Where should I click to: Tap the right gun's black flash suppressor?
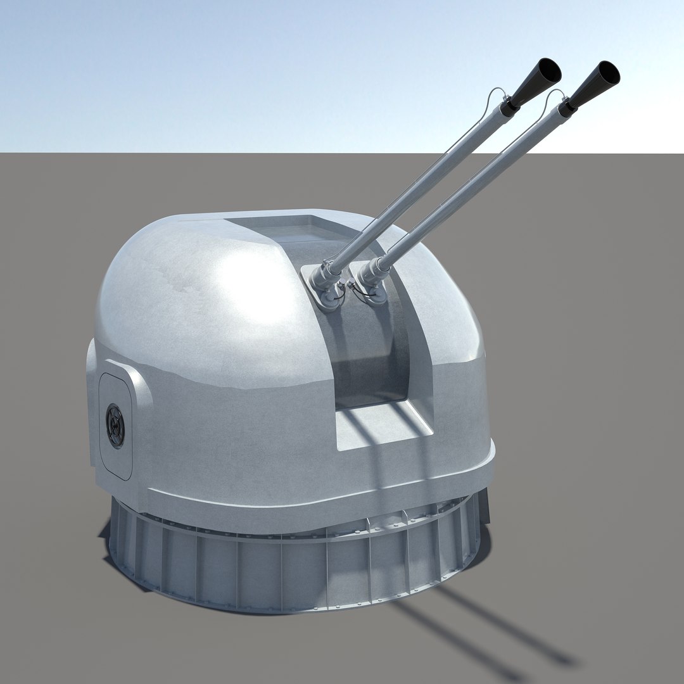tap(595, 83)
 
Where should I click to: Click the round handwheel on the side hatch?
tap(115, 426)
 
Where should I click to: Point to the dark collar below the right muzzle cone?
tap(567, 107)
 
